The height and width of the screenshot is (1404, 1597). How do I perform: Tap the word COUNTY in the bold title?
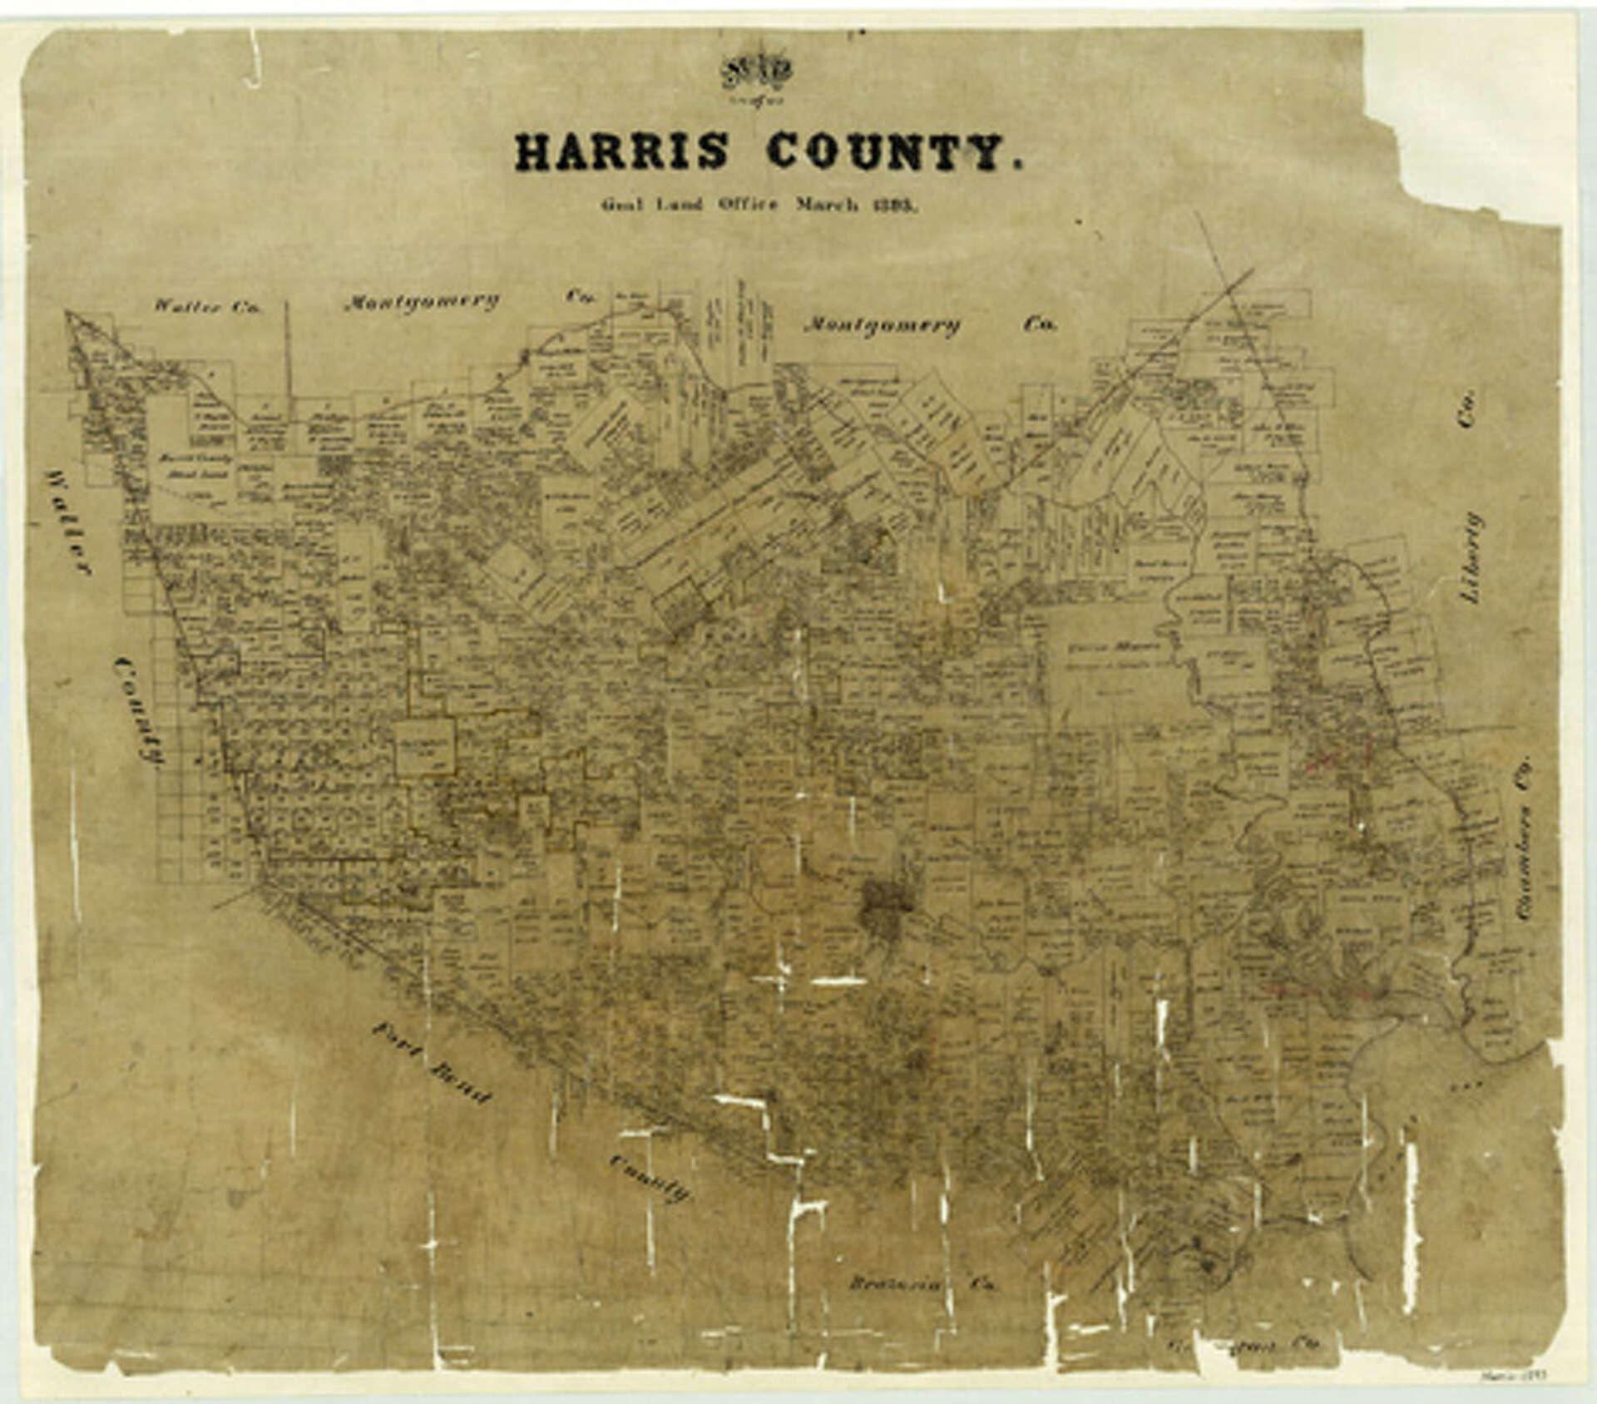tap(887, 152)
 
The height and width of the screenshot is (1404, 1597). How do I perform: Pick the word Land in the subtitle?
tap(680, 205)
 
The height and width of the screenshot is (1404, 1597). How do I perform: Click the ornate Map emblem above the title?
tap(756, 73)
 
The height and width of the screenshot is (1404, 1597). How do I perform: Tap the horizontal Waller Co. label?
tap(207, 306)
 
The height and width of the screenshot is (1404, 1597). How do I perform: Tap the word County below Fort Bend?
tap(650, 1178)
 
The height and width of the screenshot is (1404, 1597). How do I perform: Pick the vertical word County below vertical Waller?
tap(139, 709)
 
